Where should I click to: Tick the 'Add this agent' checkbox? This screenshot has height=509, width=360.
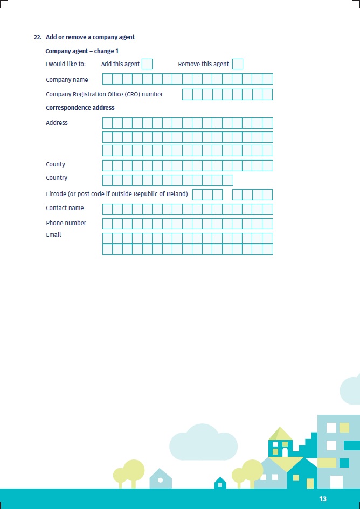point(147,64)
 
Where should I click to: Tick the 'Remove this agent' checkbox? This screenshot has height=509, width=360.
point(237,64)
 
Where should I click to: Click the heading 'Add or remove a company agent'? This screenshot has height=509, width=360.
point(90,37)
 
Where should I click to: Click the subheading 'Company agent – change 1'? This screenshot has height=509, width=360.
point(82,51)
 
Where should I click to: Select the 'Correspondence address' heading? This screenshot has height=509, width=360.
point(80,108)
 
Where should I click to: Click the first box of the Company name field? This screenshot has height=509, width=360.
point(107,79)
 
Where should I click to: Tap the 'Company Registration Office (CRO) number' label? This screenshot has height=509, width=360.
point(104,94)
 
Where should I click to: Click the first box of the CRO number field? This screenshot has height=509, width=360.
point(187,94)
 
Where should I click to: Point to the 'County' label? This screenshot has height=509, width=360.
point(56,164)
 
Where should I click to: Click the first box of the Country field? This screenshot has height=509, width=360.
point(107,180)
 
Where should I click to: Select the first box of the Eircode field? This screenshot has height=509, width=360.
point(197,194)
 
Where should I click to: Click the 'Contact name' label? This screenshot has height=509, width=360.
point(65,208)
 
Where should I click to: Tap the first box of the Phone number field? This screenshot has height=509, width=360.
point(107,224)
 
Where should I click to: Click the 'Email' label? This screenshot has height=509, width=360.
point(53,235)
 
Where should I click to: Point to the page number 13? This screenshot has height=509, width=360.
point(323,499)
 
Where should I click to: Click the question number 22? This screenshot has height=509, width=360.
point(38,37)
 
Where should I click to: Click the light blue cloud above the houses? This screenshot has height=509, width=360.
point(203,443)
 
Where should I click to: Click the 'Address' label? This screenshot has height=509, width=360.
point(57,123)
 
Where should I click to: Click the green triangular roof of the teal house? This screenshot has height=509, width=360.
point(281,433)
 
